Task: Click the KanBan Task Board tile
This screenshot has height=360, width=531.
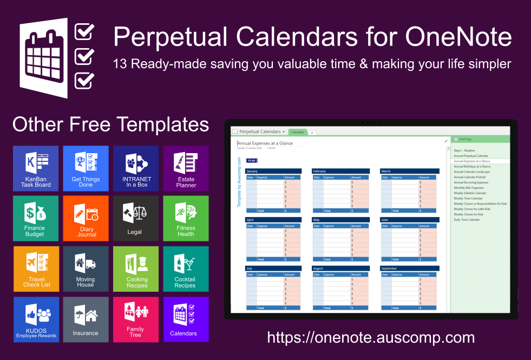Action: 36,168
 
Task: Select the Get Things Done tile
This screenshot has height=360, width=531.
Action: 86,168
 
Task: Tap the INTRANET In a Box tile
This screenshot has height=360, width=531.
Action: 136,168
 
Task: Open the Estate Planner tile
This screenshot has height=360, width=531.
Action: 186,168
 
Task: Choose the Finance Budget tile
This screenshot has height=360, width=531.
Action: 36,218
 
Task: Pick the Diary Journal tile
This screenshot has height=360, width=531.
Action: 86,218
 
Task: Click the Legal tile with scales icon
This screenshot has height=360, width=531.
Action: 136,218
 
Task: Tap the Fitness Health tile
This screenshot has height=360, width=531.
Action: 186,218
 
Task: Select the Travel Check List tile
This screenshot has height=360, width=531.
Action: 36,269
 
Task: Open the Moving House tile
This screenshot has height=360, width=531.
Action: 86,269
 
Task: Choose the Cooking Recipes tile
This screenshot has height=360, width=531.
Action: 136,269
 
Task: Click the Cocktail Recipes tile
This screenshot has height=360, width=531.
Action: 186,269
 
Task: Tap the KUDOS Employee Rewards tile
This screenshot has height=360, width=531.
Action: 36,319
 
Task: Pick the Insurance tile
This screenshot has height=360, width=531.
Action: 86,319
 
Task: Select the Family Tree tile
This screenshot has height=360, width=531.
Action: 136,319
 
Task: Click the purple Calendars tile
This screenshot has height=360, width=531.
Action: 186,319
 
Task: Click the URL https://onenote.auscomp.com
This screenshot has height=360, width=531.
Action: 371,338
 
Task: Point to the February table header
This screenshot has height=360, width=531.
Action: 340,171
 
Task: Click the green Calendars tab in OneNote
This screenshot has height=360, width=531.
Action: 297,132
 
